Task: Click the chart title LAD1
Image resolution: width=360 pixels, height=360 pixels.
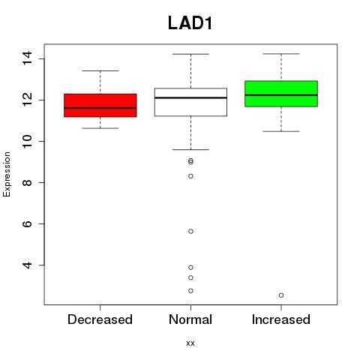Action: point(190,23)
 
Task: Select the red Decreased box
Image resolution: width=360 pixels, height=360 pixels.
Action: point(100,105)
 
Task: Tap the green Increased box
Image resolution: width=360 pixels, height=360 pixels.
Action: point(281,94)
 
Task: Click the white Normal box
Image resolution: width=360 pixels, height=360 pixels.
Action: point(190,102)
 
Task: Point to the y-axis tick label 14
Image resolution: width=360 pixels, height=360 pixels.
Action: point(27,58)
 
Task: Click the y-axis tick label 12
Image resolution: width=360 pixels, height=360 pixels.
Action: point(27,100)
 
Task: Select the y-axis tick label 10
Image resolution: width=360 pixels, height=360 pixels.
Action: point(27,141)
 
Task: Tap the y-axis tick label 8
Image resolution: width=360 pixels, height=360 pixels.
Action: point(27,182)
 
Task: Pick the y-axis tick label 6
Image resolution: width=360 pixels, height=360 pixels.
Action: point(27,223)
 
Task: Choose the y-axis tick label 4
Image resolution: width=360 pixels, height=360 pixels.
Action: point(27,265)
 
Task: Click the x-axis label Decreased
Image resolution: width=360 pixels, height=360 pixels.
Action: point(100,319)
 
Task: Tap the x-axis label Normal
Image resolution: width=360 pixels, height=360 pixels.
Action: point(190,319)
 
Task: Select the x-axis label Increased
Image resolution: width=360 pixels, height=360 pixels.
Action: point(281,319)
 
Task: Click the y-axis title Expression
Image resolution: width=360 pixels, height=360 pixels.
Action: point(7,174)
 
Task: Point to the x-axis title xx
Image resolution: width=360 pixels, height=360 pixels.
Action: point(190,343)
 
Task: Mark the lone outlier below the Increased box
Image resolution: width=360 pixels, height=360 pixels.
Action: point(281,295)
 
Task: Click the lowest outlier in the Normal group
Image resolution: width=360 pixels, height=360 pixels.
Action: point(190,291)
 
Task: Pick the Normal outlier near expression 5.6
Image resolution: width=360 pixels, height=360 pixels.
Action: point(190,232)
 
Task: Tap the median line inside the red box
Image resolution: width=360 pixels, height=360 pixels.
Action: point(100,108)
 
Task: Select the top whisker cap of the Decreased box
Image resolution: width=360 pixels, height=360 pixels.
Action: point(100,70)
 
